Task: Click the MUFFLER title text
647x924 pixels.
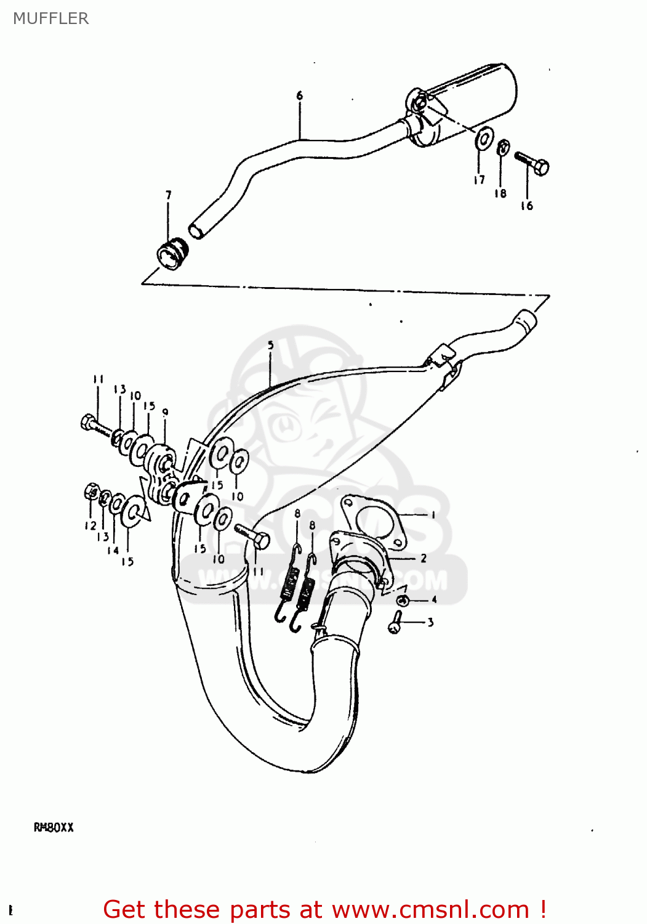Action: click(x=50, y=18)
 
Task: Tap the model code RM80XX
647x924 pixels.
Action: click(x=54, y=827)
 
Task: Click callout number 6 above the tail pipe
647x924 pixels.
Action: click(x=300, y=95)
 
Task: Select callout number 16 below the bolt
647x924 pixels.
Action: click(x=526, y=206)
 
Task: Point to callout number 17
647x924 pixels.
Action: click(x=479, y=180)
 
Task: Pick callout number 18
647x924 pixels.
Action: click(x=500, y=193)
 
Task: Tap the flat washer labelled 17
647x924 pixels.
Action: click(x=484, y=138)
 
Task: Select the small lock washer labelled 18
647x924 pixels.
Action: click(x=502, y=148)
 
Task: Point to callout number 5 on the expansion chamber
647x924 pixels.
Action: click(x=271, y=346)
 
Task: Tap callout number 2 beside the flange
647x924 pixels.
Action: click(x=424, y=558)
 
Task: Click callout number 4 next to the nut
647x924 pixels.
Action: click(x=433, y=599)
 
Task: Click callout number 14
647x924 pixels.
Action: click(x=113, y=550)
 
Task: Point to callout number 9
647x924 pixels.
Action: click(x=165, y=412)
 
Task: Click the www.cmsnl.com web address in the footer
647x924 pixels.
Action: click(x=430, y=909)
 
